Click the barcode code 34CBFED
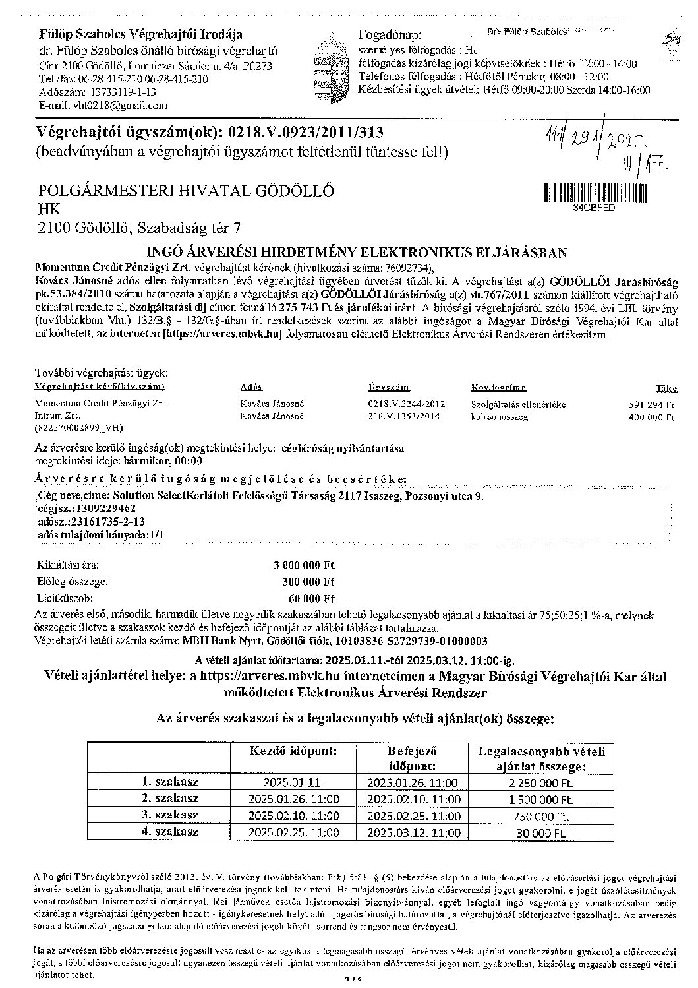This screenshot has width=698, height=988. [594, 207]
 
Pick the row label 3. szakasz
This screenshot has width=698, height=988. [170, 815]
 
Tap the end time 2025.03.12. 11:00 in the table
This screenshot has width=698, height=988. [413, 832]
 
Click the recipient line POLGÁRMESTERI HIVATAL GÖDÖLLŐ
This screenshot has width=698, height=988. [185, 191]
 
